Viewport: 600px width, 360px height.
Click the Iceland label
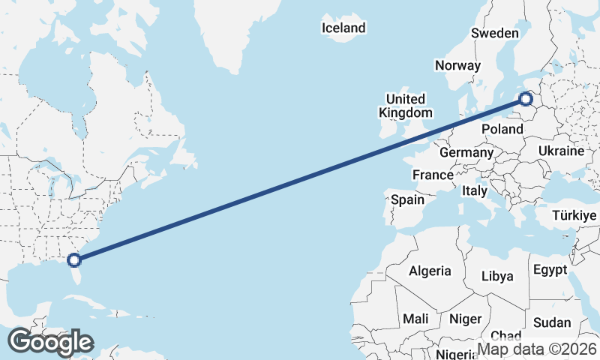(343, 28)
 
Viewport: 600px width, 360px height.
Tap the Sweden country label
(495, 33)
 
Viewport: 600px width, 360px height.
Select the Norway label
(457, 65)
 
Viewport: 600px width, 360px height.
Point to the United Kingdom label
(406, 106)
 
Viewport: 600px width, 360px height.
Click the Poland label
(502, 130)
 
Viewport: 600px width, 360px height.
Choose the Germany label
(466, 152)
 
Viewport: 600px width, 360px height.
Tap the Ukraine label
(561, 151)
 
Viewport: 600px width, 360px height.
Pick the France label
(433, 175)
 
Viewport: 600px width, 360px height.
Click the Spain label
(408, 200)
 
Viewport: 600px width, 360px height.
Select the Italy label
(475, 190)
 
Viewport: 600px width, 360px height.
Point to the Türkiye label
(574, 215)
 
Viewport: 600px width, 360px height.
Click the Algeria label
(430, 271)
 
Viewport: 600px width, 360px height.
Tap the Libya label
(497, 276)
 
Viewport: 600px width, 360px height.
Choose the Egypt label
(551, 269)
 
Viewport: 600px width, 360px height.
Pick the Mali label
(415, 319)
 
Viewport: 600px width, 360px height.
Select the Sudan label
(551, 323)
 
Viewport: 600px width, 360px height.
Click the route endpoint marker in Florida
(73, 260)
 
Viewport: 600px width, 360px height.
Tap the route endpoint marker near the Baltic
(526, 98)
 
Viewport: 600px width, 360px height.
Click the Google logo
(49, 342)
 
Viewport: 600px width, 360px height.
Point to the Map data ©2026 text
(537, 349)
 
